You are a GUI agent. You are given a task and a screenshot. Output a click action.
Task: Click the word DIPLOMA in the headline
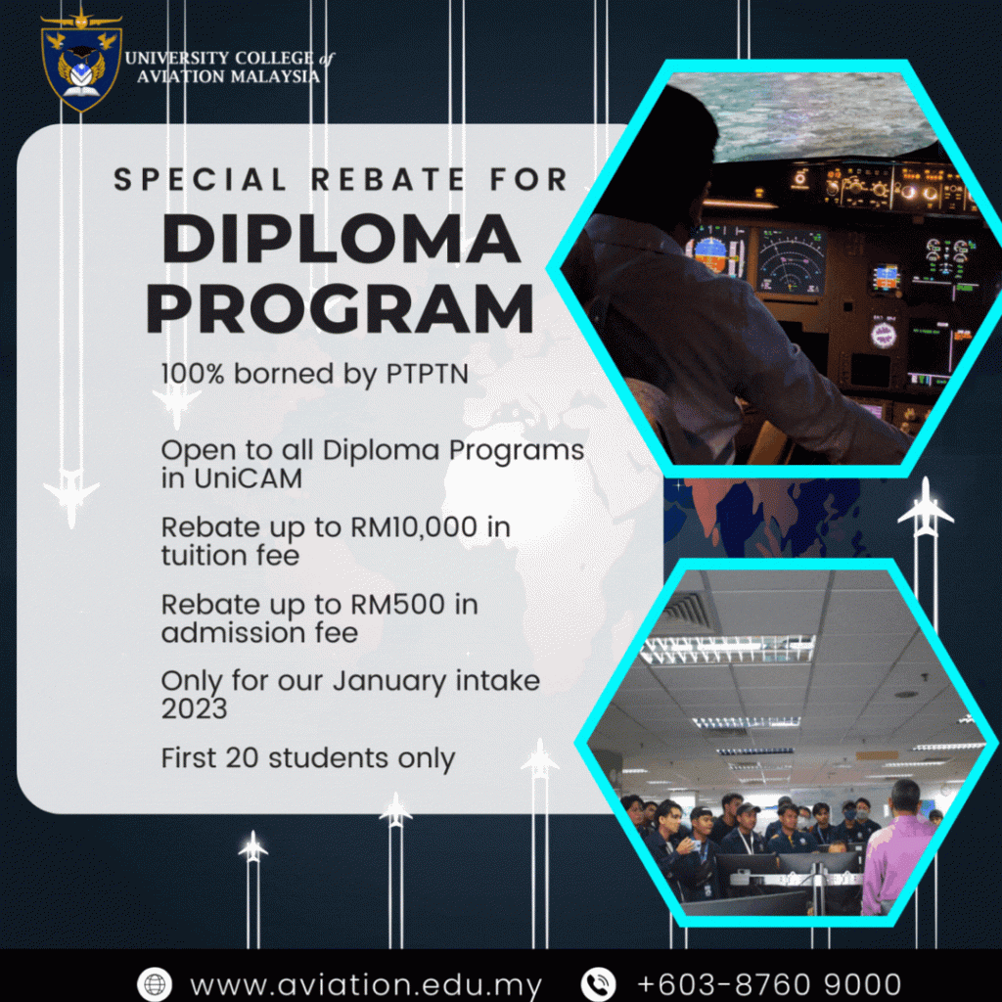(342, 239)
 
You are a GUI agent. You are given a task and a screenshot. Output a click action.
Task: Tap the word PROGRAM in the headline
(340, 309)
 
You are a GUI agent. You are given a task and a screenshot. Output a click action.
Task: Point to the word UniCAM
(248, 478)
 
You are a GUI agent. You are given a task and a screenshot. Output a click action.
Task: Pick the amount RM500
(397, 605)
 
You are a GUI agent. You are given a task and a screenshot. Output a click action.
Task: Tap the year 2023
(195, 708)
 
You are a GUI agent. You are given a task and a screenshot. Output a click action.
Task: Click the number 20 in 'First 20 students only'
(242, 758)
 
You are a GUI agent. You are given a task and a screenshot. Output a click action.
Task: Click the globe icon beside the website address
(154, 984)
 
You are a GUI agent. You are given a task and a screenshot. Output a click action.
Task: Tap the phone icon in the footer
(598, 984)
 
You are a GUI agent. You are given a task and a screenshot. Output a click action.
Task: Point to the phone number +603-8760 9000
(769, 984)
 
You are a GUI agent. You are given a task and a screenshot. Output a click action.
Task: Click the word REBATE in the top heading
(387, 180)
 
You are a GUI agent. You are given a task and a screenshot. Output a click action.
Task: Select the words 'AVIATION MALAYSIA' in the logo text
(228, 76)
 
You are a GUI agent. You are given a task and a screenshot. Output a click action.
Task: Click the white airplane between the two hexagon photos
(926, 509)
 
